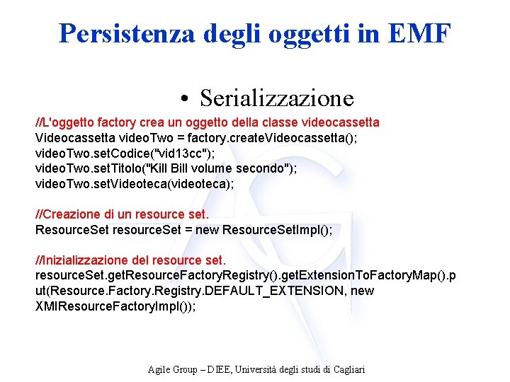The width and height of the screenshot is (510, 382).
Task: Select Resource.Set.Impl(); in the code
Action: coord(277,230)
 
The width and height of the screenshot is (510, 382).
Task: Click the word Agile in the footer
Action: coord(159,369)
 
